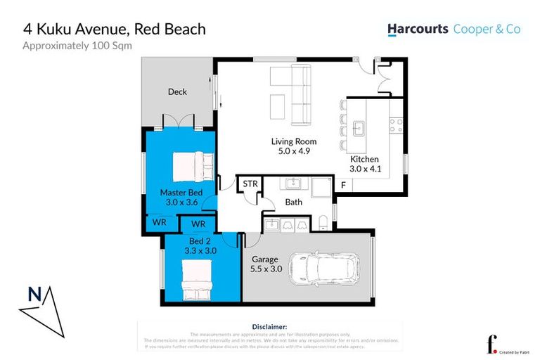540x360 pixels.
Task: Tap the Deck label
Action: pos(177,91)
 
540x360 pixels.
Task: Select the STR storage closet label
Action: pos(250,184)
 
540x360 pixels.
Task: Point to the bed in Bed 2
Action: pos(198,278)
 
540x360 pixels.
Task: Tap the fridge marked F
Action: pos(343,186)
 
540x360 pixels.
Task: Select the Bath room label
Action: pos(293,202)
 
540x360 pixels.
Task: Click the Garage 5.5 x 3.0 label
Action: pos(266,264)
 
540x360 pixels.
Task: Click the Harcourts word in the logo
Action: pos(418,30)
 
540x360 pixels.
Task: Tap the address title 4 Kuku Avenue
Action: pos(114,29)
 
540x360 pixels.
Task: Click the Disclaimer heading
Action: pos(269,327)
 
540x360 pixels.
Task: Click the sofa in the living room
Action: pos(300,94)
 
